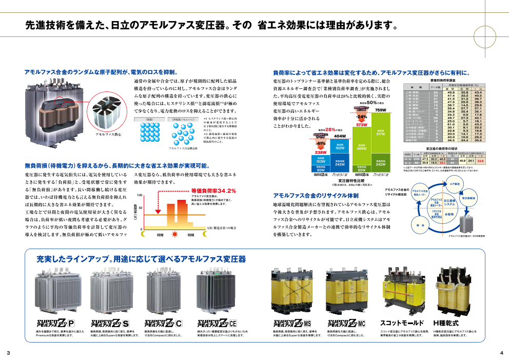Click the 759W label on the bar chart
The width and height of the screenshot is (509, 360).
pos(380,110)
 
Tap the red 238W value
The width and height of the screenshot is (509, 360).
pos(321,152)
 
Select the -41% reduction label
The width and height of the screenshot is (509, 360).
pos(321,144)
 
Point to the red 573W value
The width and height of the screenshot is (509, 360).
pos(361,125)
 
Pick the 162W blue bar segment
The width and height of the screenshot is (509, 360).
pos(340,147)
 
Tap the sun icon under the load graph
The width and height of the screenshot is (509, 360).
pos(160,234)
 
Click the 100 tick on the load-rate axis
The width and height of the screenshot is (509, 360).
pos(139,196)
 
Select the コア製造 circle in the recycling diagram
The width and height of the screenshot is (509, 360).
pos(454,183)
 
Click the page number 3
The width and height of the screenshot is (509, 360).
pos(8,353)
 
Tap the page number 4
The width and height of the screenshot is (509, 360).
pos(501,353)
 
